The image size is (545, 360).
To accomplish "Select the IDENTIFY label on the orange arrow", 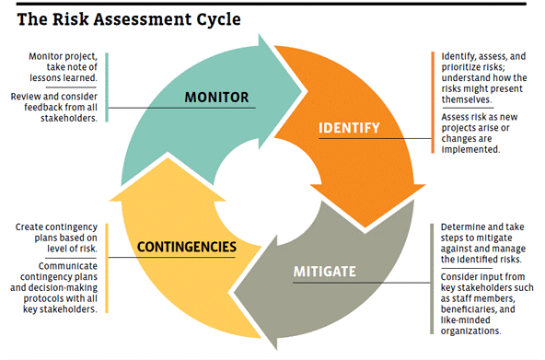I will [x=349, y=127].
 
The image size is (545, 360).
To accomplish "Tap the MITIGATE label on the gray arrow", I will [x=330, y=272].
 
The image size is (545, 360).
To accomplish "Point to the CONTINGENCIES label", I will [x=187, y=247].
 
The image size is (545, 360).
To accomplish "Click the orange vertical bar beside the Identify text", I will [x=433, y=100].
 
